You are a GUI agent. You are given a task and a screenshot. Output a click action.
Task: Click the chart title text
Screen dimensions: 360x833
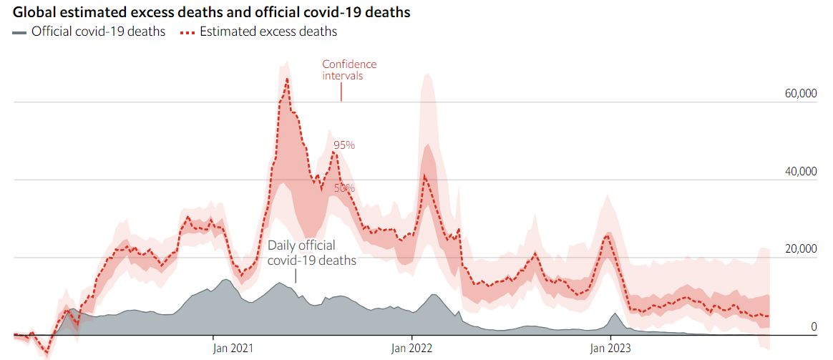(211, 13)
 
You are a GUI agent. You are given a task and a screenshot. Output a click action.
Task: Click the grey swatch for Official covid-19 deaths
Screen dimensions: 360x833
(19, 32)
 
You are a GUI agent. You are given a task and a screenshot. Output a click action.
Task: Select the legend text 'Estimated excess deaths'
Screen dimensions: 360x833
(268, 31)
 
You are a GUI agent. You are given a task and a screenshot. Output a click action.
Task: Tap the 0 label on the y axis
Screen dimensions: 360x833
(813, 327)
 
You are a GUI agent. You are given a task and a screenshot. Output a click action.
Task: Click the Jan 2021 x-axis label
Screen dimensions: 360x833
(233, 349)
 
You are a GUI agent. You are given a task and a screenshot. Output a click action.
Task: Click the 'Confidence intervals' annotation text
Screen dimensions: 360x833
(349, 69)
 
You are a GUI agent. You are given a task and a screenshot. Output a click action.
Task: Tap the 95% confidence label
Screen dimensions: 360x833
(344, 145)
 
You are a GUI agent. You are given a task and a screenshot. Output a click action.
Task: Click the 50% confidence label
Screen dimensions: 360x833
(344, 188)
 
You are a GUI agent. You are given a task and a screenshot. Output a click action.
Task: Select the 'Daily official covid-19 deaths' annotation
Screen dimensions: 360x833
(311, 253)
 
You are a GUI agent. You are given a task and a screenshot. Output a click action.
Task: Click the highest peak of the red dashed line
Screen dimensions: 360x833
(287, 79)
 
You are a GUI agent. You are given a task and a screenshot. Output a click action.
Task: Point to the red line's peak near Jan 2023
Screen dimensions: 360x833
(608, 234)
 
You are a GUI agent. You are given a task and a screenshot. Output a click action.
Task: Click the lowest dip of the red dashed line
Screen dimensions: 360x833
(47, 351)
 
